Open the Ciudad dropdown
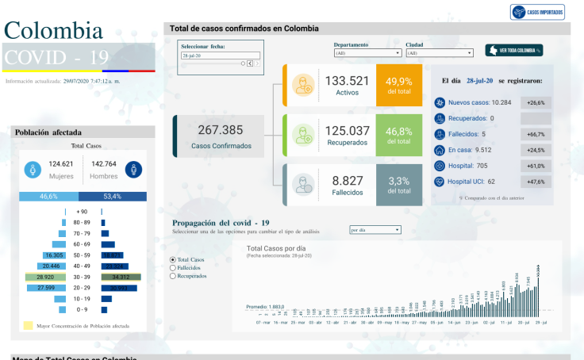(439, 53)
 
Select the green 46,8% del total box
(398, 135)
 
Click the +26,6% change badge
(536, 102)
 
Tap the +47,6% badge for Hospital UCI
(536, 182)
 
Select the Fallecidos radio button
(173, 268)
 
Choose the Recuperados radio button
(173, 277)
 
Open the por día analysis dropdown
(375, 230)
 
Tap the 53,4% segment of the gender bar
(112, 196)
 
